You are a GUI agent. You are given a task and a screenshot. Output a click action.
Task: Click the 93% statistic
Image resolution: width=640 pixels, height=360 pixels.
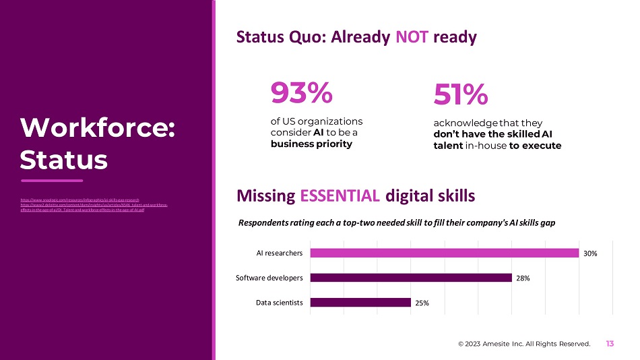tap(301, 94)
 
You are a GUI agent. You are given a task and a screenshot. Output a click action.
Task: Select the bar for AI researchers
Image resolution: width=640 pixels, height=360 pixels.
tap(444, 253)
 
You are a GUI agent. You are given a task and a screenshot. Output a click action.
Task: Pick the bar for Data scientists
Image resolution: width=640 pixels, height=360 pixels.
tap(360, 303)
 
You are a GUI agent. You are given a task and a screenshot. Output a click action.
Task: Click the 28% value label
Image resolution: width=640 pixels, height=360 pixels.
tap(524, 278)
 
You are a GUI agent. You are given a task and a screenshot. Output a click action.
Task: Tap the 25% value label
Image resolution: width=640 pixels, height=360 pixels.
tap(423, 303)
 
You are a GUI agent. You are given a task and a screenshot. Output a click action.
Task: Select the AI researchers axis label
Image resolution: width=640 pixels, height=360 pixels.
tap(279, 253)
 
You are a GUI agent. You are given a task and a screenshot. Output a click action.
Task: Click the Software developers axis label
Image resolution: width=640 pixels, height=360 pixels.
tap(269, 278)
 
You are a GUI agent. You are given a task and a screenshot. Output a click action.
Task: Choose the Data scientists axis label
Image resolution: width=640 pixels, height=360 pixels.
tap(279, 303)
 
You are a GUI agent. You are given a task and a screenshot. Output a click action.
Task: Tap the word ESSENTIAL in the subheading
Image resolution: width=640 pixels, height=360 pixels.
tap(340, 196)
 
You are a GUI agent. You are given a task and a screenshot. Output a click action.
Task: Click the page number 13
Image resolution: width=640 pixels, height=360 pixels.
tap(610, 344)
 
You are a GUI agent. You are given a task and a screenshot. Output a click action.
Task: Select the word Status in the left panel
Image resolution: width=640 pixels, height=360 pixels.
tap(64, 159)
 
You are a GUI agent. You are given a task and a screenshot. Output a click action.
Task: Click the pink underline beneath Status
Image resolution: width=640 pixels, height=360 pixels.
tap(52, 181)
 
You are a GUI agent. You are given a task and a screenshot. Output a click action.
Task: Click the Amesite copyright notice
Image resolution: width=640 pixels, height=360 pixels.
tap(524, 344)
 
